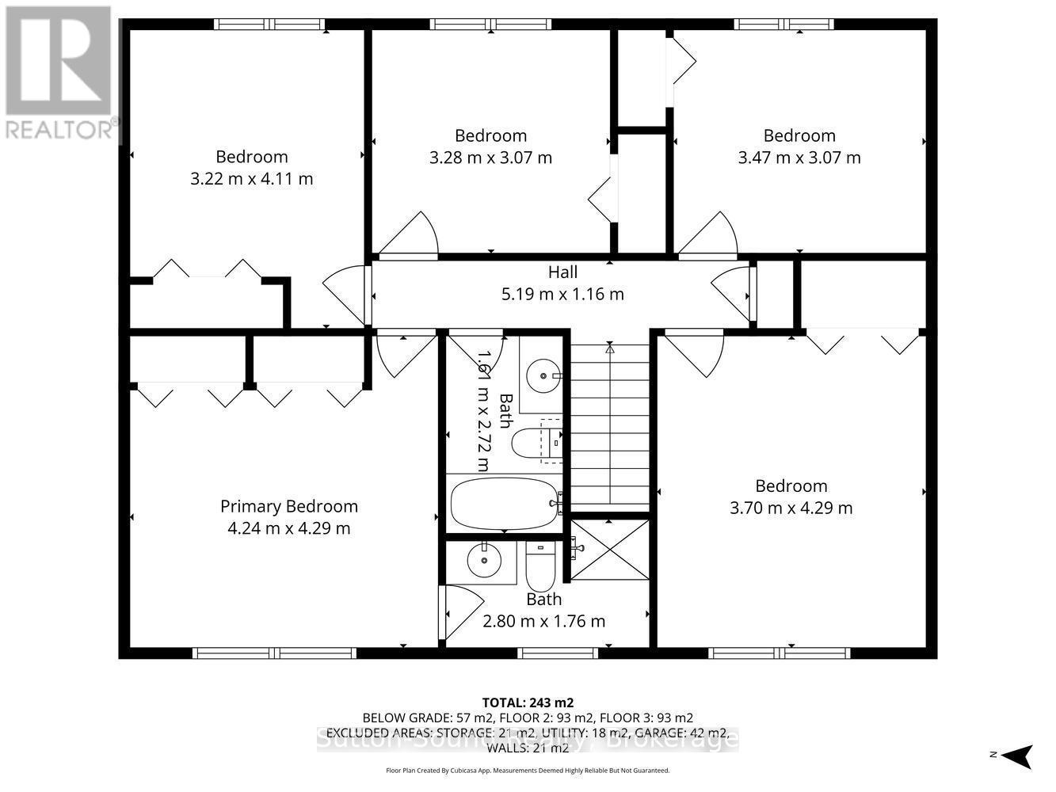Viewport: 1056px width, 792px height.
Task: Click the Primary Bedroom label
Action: coord(288,506)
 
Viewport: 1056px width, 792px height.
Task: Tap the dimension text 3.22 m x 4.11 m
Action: coord(252,179)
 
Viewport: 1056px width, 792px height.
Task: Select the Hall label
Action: coord(562,272)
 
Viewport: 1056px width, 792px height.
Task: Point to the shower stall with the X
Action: coord(609,550)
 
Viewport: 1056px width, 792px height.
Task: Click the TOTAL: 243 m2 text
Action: coord(528,703)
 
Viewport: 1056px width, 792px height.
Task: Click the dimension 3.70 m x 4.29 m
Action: coord(791,508)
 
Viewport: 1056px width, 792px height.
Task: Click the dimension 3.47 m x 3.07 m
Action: coord(799,158)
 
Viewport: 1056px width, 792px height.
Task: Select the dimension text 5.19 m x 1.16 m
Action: coord(562,295)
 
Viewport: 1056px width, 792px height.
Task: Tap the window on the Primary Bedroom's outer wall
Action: coord(274,653)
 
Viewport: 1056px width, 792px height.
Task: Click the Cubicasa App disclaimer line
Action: coord(528,771)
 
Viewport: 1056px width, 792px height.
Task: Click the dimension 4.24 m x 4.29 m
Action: coord(288,528)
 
